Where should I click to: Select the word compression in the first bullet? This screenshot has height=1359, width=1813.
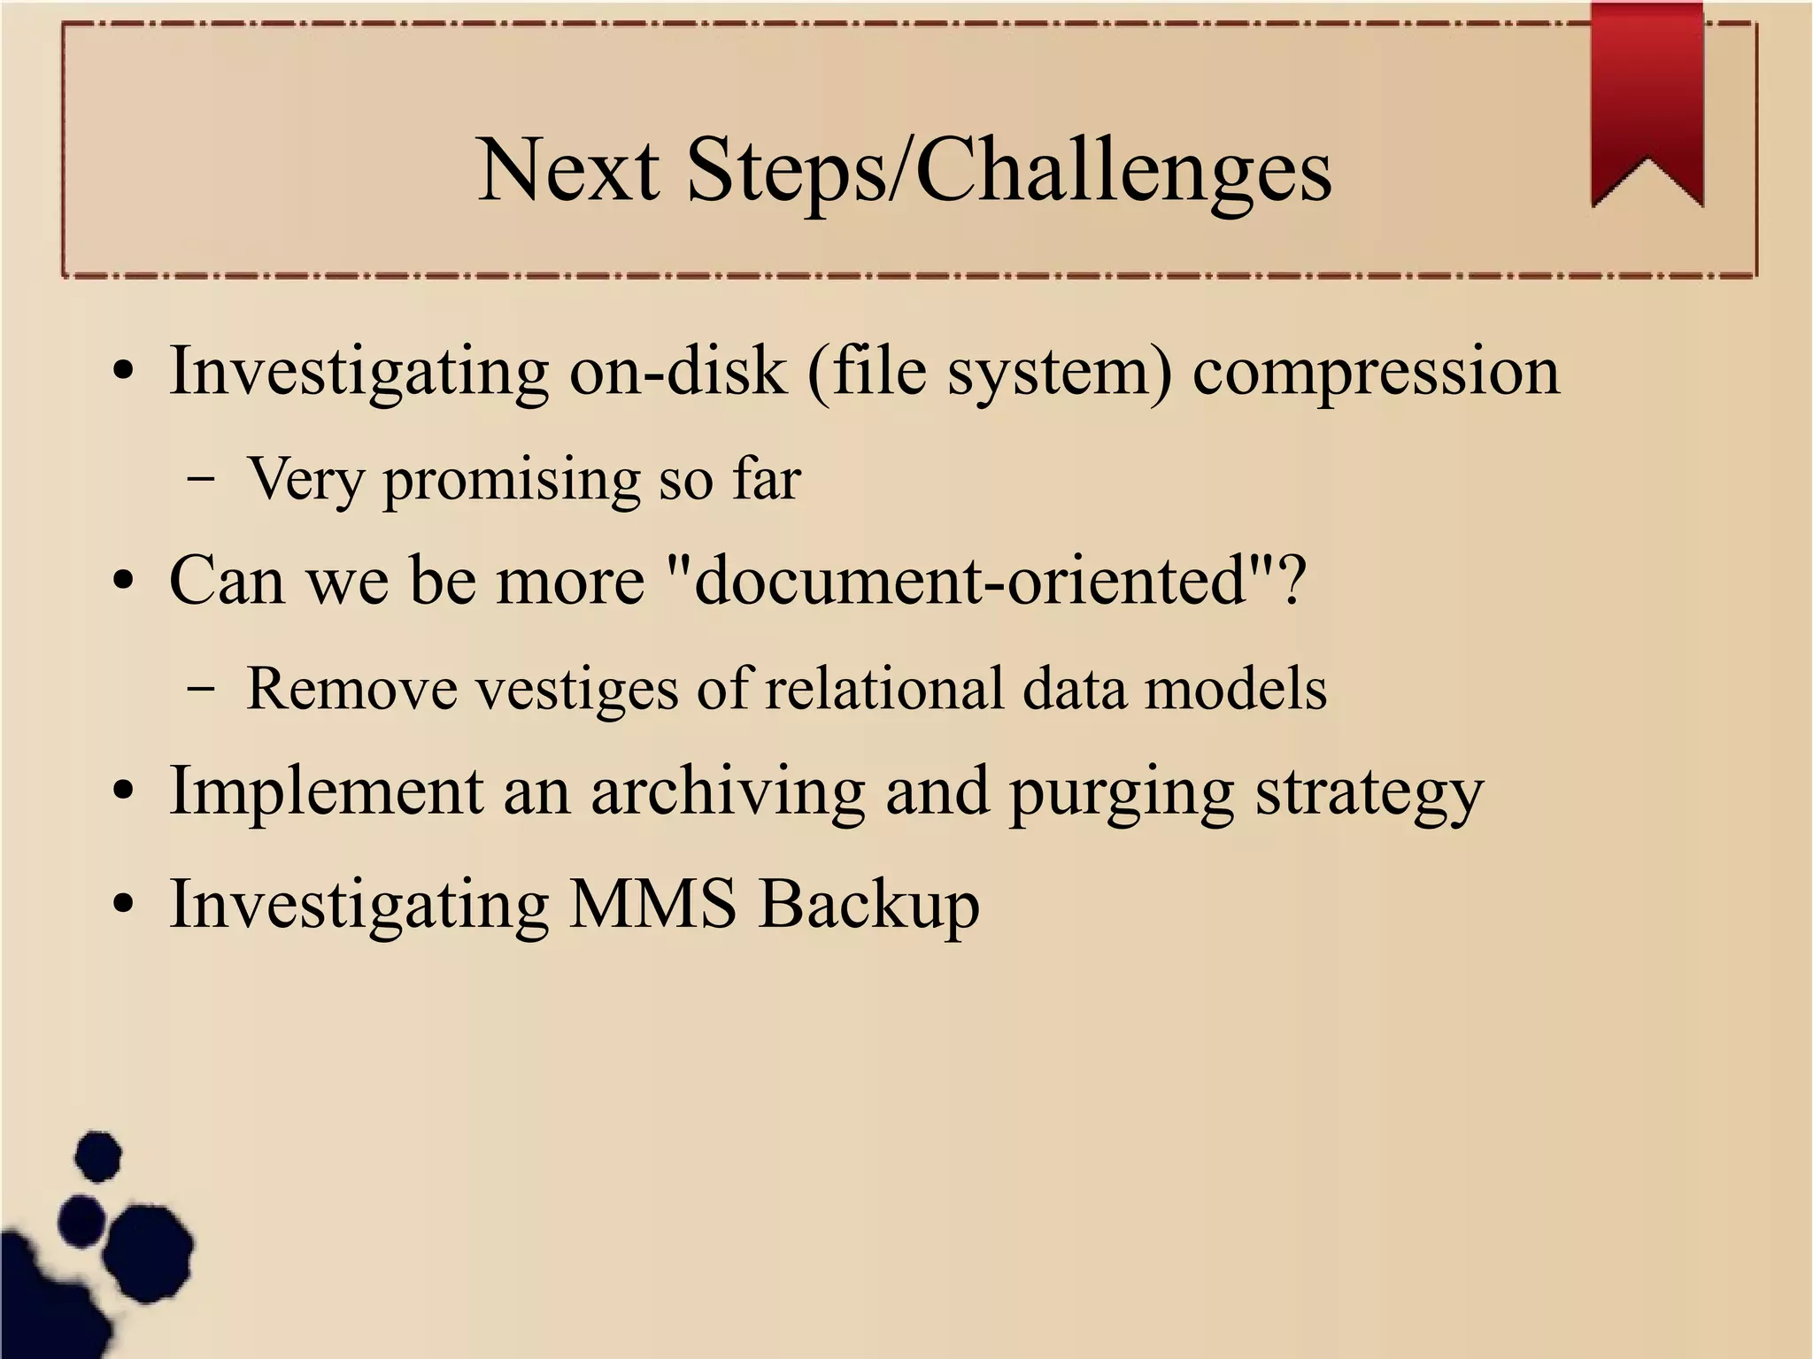[1376, 372]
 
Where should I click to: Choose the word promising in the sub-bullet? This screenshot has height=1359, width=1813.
[511, 481]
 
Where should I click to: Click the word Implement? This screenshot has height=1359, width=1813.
[326, 791]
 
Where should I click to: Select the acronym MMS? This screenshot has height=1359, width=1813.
[652, 904]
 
